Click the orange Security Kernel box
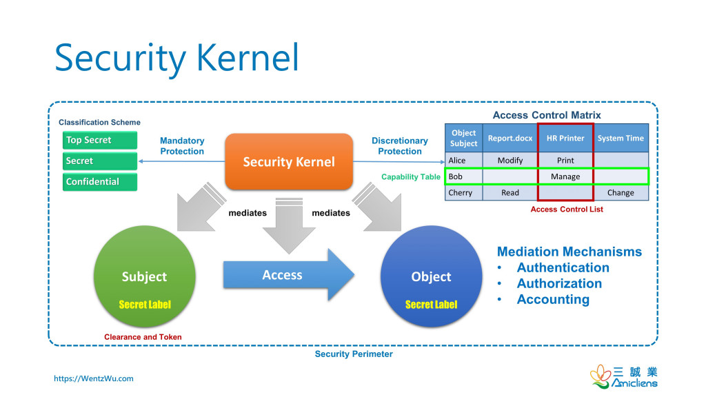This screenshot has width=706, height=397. point(288,161)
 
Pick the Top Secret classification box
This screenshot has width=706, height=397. point(99,140)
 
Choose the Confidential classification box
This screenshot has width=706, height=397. point(99,182)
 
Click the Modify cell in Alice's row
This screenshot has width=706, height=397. point(510,161)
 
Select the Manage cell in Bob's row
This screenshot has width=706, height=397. point(565,176)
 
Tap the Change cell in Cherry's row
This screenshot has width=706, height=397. point(621,193)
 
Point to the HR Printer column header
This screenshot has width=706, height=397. point(565,138)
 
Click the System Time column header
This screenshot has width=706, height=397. point(621,138)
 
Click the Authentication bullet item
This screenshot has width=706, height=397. point(563,267)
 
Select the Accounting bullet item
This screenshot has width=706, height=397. point(553,299)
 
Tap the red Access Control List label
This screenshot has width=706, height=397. point(567,210)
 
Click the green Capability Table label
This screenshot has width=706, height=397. point(411,177)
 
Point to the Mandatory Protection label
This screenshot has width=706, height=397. point(182,146)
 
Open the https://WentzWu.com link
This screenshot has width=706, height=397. point(94,378)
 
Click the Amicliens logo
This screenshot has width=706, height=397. point(623,376)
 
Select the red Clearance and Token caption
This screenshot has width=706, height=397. point(143,337)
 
